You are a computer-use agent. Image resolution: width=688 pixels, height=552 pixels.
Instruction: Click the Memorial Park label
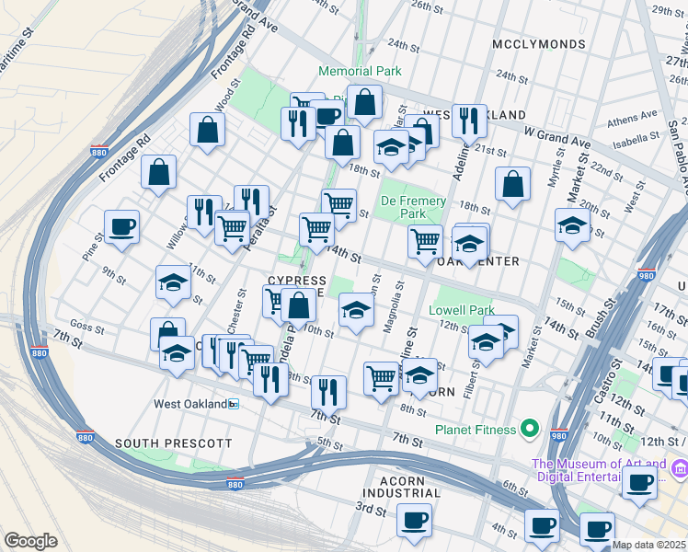(360, 71)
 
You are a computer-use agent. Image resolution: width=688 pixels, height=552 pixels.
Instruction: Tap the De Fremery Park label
(413, 207)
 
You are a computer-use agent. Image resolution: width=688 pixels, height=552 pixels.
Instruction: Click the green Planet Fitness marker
(529, 427)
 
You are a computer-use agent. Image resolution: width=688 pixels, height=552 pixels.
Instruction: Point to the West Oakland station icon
(234, 404)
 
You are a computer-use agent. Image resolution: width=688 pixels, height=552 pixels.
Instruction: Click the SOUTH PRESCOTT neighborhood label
(174, 443)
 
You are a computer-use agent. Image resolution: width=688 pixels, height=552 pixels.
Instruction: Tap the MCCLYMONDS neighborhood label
(538, 44)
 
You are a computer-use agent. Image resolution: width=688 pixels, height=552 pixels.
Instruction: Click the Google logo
(31, 541)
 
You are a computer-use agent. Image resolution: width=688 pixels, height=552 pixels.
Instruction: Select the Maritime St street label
(20, 47)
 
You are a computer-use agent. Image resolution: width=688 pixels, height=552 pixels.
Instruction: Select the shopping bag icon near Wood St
(208, 128)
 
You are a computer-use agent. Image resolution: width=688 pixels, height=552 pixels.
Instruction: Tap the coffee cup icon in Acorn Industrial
(414, 520)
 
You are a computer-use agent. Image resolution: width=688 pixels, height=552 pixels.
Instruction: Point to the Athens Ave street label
(633, 119)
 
